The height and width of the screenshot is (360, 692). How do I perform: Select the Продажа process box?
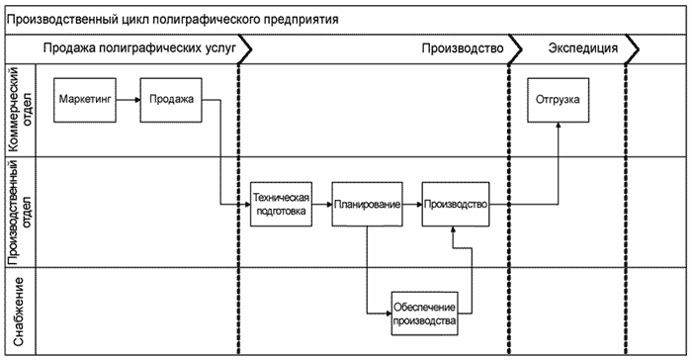click(x=172, y=99)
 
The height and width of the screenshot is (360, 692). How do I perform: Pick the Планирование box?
click(x=367, y=204)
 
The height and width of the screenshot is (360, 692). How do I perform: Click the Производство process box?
click(x=455, y=204)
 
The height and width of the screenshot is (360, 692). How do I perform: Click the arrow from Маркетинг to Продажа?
click(x=128, y=99)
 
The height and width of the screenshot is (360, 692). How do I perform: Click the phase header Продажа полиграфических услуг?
click(x=138, y=47)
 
